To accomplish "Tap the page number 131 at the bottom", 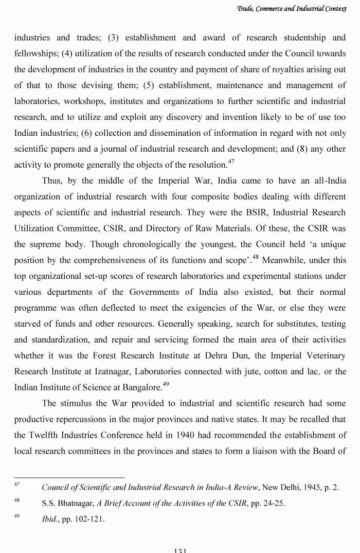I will (180, 550).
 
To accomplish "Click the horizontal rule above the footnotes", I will (69, 478).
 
